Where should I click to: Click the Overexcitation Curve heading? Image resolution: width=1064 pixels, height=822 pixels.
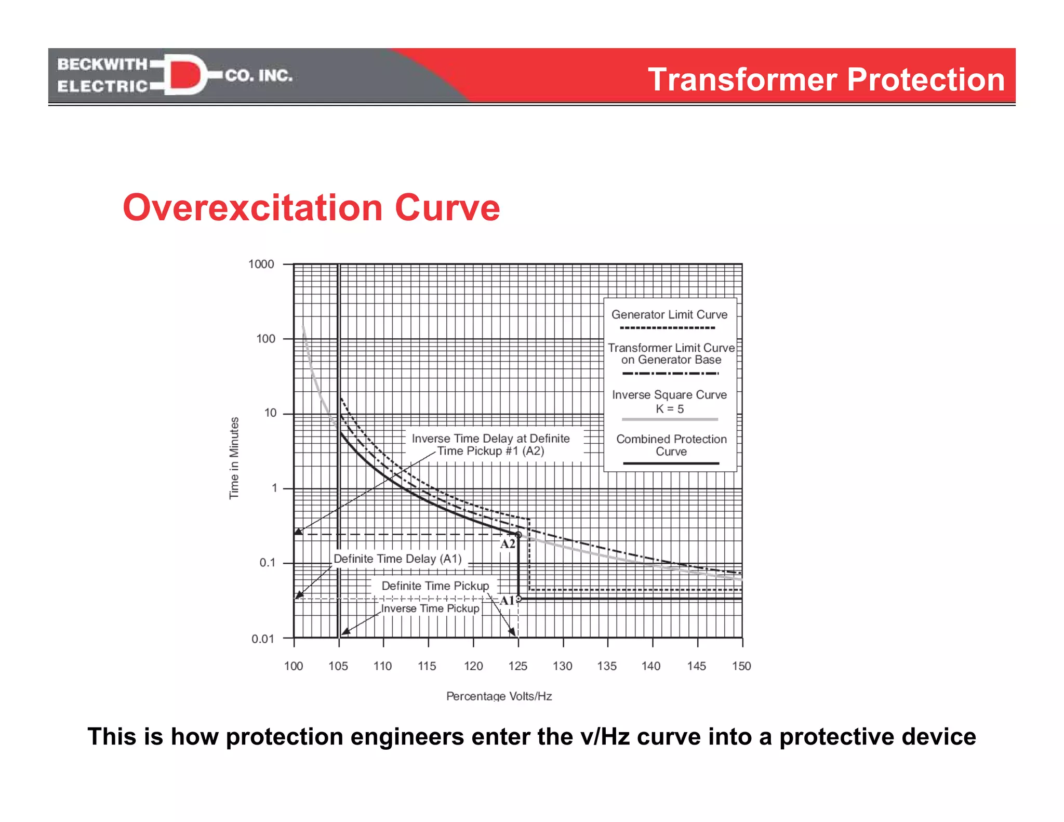(x=311, y=208)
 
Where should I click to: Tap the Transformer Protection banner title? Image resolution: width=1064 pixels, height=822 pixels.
(x=826, y=79)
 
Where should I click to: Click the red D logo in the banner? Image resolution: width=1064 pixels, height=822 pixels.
(x=184, y=74)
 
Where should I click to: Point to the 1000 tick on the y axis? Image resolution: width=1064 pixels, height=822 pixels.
(x=261, y=264)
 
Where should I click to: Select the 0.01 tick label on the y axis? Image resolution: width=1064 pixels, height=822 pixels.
(x=263, y=639)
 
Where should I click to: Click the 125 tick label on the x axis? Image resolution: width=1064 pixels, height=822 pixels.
(x=517, y=666)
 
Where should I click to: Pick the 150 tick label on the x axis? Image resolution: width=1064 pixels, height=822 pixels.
(x=741, y=666)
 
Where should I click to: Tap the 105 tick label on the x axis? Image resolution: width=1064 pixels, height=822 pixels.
(x=338, y=666)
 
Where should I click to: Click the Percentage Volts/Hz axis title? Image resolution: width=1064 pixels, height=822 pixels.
(x=499, y=696)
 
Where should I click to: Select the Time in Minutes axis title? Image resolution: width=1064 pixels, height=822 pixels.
(x=234, y=458)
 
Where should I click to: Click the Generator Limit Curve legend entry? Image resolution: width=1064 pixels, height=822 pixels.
(x=669, y=315)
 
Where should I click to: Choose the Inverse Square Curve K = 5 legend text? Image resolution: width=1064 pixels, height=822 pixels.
(x=669, y=402)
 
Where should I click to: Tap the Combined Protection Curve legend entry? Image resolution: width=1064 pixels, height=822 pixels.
(x=671, y=445)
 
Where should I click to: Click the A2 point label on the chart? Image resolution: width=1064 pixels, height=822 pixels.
(x=508, y=544)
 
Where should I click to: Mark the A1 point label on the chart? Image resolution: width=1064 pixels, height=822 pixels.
(x=507, y=601)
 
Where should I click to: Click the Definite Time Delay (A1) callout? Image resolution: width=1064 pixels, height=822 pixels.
(x=397, y=559)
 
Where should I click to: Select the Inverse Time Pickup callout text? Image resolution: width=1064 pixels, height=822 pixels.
(x=430, y=608)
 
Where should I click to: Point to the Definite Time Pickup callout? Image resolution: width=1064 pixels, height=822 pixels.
(x=435, y=586)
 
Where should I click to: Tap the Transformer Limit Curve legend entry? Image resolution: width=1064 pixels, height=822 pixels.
(x=671, y=354)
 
